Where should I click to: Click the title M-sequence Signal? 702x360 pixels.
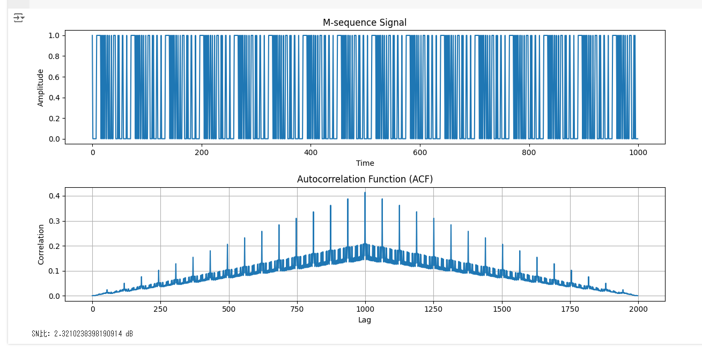click(x=365, y=23)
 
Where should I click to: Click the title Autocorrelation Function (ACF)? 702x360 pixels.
click(x=365, y=179)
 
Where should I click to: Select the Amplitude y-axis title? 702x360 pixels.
click(x=41, y=87)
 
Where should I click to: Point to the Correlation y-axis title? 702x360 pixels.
click(x=41, y=244)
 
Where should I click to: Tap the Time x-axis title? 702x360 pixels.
click(x=365, y=163)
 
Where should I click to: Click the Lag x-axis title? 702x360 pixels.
click(x=365, y=320)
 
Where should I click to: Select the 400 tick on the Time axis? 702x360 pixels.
click(x=311, y=152)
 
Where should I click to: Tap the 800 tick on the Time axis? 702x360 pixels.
click(x=529, y=152)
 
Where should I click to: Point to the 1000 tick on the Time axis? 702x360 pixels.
click(x=638, y=152)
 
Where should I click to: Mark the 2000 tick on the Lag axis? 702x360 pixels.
click(x=638, y=309)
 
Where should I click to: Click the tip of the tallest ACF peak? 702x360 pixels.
click(x=365, y=193)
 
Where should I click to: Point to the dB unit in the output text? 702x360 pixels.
click(x=129, y=334)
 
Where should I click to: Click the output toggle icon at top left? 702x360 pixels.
click(x=19, y=18)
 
